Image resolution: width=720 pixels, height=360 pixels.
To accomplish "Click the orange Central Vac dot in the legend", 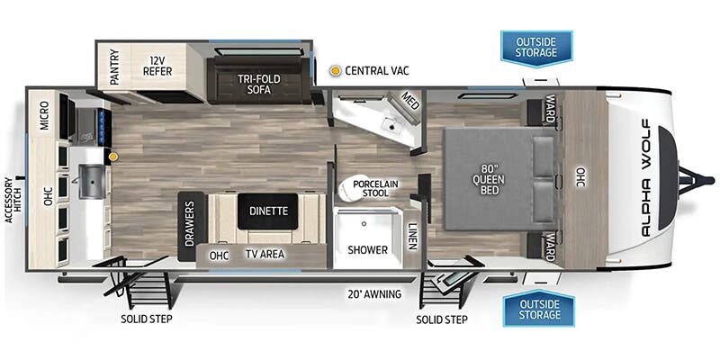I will tap(336, 69).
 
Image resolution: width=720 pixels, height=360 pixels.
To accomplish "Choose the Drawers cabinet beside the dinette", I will tap(189, 226).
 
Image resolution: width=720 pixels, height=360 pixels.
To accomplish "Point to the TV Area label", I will tap(265, 254).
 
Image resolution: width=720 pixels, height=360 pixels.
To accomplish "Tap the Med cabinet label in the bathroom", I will tap(410, 101).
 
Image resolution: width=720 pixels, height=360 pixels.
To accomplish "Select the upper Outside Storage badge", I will tap(537, 47).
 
